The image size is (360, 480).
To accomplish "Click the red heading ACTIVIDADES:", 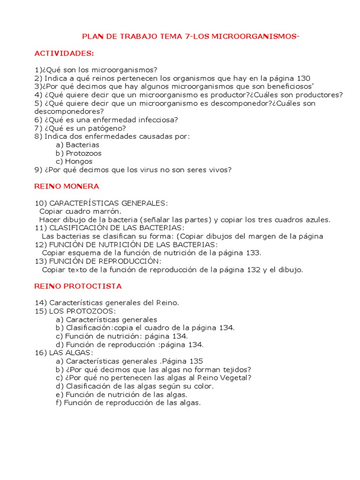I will pos(64,53).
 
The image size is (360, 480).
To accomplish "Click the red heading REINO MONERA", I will pos(67,186).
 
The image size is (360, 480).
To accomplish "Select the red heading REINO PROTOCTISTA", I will pos(78,286).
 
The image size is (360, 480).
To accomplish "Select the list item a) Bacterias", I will pos(77,145).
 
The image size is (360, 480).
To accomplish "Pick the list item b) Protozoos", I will pos(78,153).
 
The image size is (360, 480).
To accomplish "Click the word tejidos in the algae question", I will pos(234,369).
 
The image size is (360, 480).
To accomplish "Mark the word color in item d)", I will pos(203,386).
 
